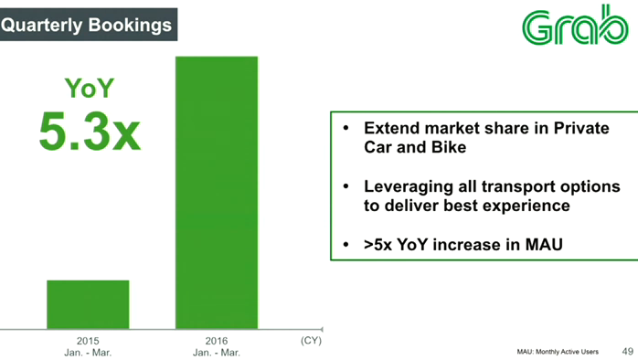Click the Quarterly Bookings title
[86, 25]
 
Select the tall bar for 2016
[217, 192]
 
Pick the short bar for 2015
[88, 304]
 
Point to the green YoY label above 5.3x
[90, 89]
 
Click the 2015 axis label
[88, 341]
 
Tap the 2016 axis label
[217, 341]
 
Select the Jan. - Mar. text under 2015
[88, 352]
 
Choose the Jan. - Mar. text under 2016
[217, 352]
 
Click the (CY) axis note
[311, 340]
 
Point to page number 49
[627, 351]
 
